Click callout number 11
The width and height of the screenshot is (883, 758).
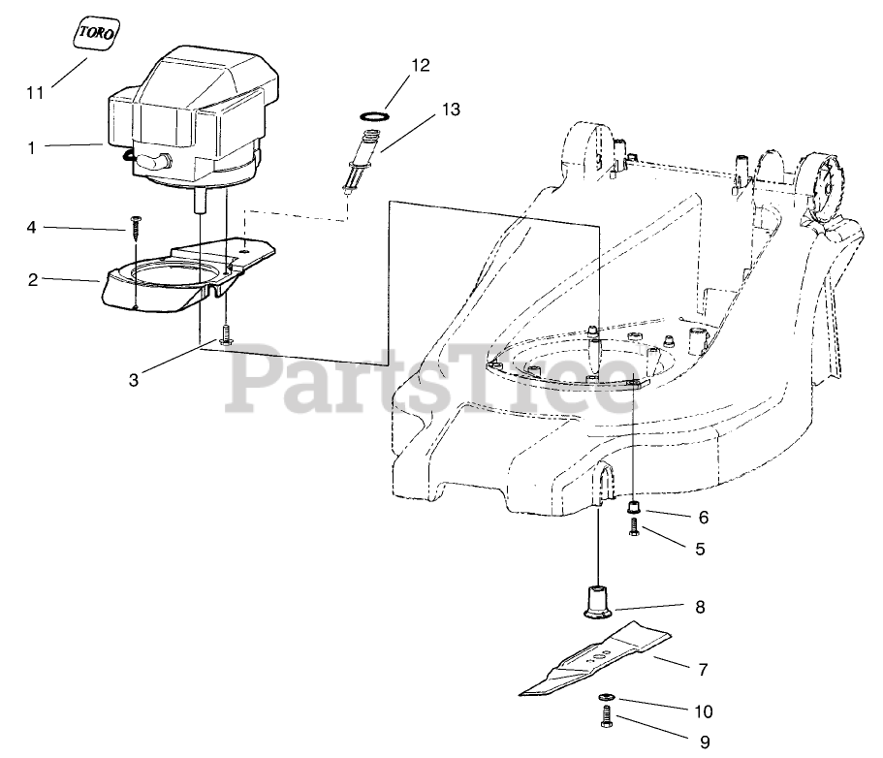36,93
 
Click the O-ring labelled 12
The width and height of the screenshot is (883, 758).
372,115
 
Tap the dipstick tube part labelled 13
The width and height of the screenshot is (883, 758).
361,160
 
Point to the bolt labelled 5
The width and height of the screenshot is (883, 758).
634,529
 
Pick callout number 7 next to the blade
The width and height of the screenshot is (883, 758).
703,669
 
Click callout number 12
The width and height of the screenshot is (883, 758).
420,66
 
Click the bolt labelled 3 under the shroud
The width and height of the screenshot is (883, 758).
225,337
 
